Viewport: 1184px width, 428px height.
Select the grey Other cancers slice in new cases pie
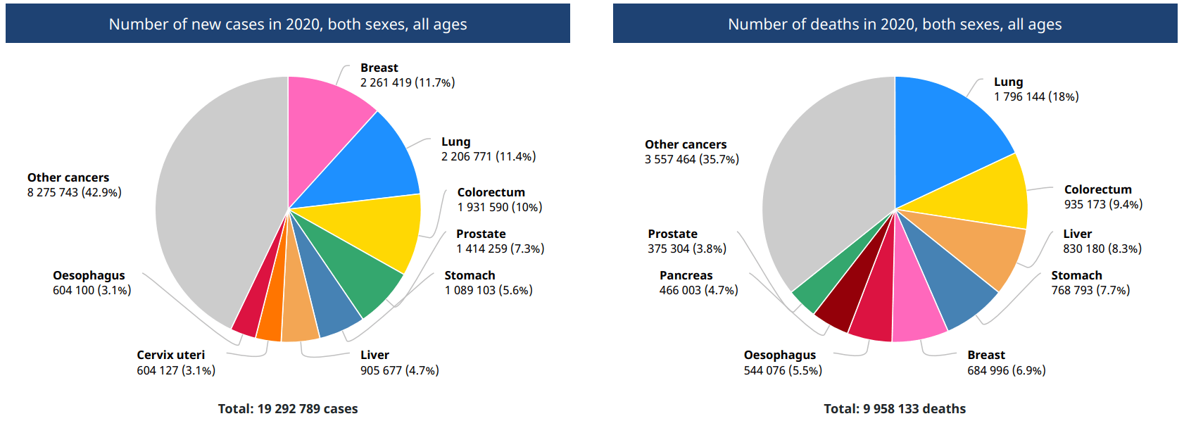211,204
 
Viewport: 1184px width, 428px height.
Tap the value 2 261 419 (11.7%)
408,82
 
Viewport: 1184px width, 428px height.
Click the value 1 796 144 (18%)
1036,96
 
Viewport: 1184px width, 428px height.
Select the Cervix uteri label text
170,355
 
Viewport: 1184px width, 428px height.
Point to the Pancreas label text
686,275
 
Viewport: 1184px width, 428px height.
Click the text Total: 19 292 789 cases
288,408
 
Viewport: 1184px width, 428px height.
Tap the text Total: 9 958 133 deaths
895,408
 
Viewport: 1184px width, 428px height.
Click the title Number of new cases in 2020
288,24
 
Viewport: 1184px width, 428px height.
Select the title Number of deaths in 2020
895,24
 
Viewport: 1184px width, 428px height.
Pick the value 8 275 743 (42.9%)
75,192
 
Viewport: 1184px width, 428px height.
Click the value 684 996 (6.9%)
1006,370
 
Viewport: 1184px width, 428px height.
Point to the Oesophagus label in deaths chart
780,355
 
